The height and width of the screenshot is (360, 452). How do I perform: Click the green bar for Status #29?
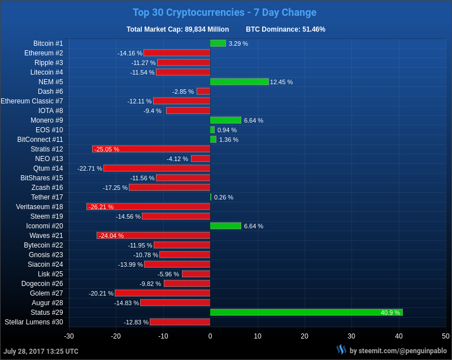coord(306,313)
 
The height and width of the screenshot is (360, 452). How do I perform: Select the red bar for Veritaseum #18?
coord(148,207)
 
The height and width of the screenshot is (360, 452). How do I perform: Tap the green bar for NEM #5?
coord(239,82)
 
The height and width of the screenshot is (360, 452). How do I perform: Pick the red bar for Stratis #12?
coord(151,149)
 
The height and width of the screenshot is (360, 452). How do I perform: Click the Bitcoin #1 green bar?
coord(218,44)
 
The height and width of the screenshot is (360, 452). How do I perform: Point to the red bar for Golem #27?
coord(162,293)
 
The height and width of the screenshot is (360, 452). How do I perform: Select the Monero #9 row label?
coord(47,120)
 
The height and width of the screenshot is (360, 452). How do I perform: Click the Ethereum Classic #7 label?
coord(32,101)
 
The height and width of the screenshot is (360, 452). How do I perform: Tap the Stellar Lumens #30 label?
coord(34,322)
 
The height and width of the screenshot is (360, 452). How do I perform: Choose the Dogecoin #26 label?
coord(42,284)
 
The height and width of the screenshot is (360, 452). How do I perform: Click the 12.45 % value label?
coord(281,82)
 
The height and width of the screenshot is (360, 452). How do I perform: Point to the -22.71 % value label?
coord(90,168)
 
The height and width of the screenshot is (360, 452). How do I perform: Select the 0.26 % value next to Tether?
coord(224,197)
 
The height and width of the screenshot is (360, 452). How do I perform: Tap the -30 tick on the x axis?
coord(69,336)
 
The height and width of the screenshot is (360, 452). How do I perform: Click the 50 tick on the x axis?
coord(446,336)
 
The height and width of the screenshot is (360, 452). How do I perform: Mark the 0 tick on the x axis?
coord(210,336)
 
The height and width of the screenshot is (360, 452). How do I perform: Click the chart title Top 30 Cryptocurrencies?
coord(224,12)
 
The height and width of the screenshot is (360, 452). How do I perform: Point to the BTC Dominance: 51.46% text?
coord(285,29)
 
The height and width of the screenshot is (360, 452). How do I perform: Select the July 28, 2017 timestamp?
coord(41,351)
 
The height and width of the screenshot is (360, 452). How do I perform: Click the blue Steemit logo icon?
coord(341,350)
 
